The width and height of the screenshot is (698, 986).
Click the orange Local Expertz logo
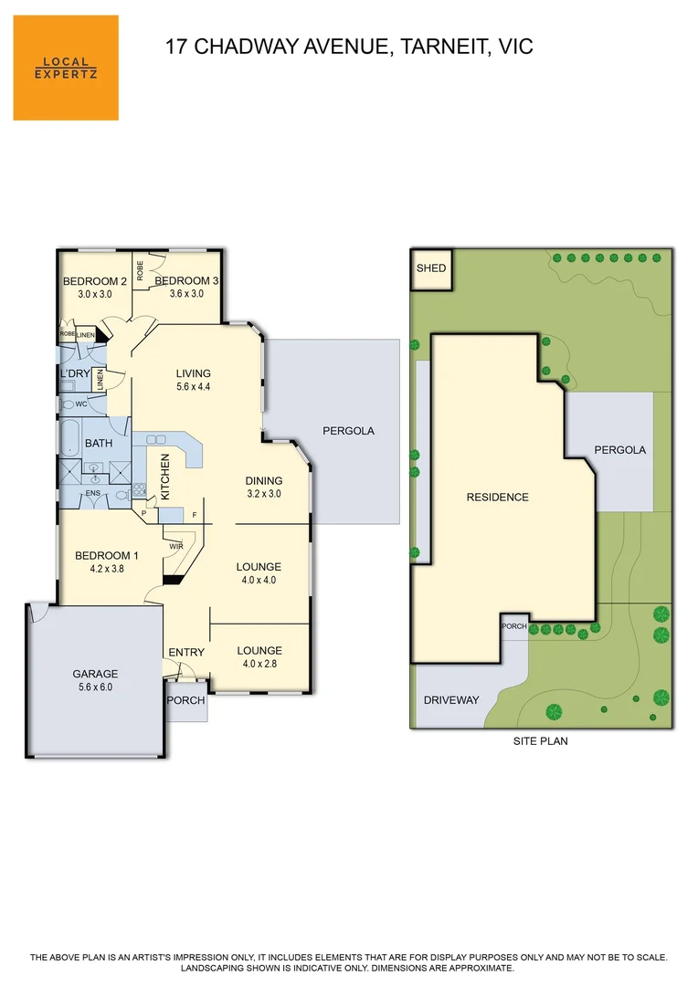66,68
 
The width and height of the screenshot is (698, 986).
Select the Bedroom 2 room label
94,281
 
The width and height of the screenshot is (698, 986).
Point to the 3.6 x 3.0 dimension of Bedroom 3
194,294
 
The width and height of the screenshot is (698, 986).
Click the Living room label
194,373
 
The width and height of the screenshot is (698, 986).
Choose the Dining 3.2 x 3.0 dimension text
263,494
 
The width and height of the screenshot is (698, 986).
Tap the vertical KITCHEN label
165,477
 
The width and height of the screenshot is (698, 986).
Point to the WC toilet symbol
69,404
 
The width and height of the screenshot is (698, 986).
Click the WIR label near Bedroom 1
175,546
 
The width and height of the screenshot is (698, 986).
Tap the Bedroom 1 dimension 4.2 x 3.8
100,568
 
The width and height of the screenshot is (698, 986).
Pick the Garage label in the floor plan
95,675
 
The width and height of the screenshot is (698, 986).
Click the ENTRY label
186,652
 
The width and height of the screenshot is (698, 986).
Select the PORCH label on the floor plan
186,701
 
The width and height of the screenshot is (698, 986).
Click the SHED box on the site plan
431,268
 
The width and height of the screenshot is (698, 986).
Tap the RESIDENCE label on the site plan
497,498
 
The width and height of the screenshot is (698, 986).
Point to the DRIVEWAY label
450,700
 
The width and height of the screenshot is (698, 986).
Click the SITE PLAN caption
540,740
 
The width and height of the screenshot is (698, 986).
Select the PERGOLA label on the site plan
619,450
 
